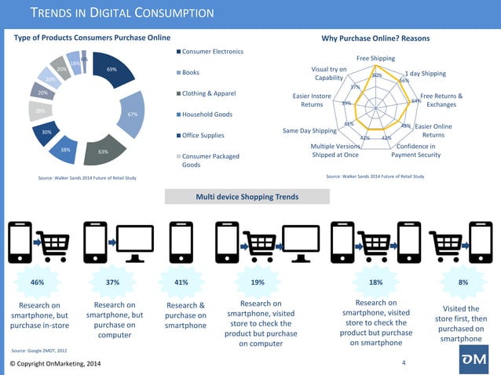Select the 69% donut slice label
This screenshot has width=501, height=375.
(x=112, y=70)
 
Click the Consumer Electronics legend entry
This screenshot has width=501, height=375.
(x=212, y=52)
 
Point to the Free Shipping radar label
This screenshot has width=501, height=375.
(x=376, y=58)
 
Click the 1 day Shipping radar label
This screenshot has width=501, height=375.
(x=426, y=74)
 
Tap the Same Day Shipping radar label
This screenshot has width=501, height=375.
(x=309, y=130)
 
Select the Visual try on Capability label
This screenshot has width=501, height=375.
(x=329, y=74)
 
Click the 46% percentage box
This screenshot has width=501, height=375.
(x=37, y=281)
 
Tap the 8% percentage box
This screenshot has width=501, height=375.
(x=463, y=281)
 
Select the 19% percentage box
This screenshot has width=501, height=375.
(x=258, y=281)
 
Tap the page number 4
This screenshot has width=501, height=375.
(x=403, y=362)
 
